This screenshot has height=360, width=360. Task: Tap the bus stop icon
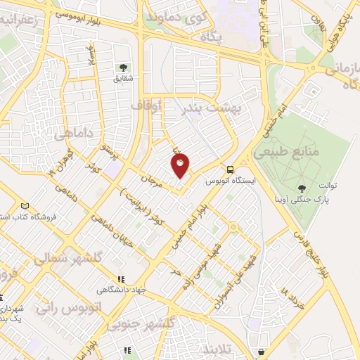tap(230, 169)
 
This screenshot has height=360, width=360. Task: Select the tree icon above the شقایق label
tap(123, 67)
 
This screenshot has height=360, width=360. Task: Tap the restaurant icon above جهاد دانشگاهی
tap(121, 278)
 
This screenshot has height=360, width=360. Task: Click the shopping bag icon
tap(262, 350)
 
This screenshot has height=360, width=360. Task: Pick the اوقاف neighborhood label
tap(146, 106)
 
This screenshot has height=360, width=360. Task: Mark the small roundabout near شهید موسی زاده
tap(232, 227)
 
